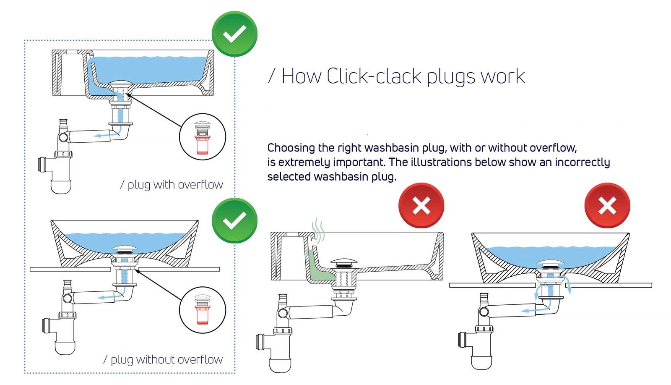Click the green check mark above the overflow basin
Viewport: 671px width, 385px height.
pyautogui.click(x=234, y=34)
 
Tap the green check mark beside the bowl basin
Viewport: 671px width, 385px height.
pyautogui.click(x=234, y=220)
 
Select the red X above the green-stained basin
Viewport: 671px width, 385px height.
pyautogui.click(x=421, y=206)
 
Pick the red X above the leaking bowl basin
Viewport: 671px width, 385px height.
pyautogui.click(x=607, y=206)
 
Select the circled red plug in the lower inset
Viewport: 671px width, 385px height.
pyautogui.click(x=203, y=310)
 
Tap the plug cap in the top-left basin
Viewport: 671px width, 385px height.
pyautogui.click(x=120, y=83)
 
